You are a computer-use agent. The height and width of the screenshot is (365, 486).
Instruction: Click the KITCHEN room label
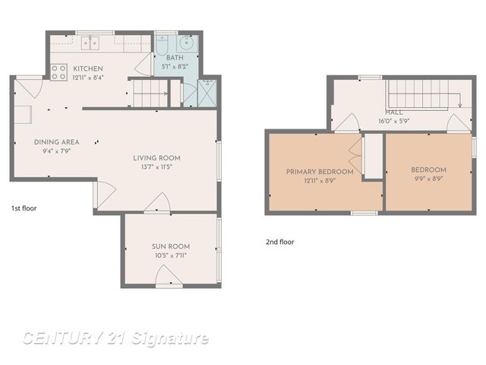point(88,68)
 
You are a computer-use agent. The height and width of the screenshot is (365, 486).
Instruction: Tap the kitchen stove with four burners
point(58,72)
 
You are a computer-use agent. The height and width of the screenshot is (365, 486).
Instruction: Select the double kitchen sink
point(90,43)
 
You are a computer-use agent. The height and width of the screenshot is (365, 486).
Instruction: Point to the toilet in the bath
point(161,45)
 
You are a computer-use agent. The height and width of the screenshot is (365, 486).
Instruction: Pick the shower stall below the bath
point(207,93)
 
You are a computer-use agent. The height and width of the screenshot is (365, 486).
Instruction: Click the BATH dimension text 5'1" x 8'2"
point(175,66)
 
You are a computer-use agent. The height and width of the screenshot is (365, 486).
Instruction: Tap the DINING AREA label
point(57,142)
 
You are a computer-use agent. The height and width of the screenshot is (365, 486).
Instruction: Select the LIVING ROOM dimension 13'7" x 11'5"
point(157,167)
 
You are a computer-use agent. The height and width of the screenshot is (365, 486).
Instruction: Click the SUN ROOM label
point(171,246)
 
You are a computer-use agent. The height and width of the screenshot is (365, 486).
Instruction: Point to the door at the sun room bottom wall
point(169,276)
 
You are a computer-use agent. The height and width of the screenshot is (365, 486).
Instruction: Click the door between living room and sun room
point(157,203)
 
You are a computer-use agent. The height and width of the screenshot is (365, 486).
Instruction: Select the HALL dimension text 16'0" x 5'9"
point(394,121)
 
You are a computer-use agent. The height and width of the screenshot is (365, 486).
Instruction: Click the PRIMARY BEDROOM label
point(320,172)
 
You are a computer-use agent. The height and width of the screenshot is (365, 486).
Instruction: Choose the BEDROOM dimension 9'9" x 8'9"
point(428,179)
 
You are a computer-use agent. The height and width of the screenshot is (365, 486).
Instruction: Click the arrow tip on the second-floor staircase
point(460,106)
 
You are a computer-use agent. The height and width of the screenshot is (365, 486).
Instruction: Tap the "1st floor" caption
point(24,208)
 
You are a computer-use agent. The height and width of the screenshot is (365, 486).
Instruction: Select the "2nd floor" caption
point(280,242)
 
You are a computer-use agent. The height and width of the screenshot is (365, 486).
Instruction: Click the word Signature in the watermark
point(169,338)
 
